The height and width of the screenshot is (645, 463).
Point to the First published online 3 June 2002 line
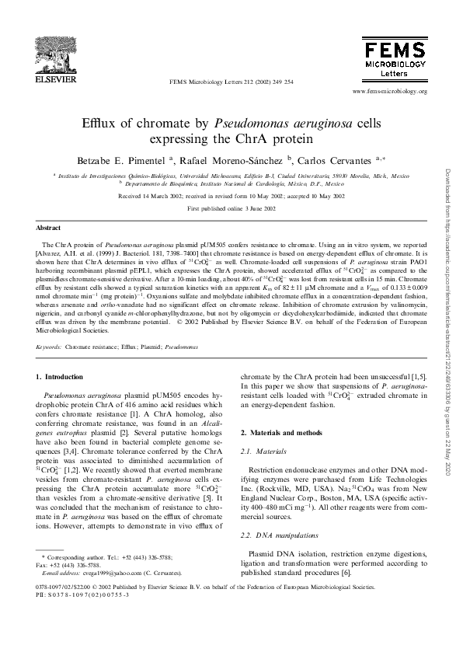(231, 210)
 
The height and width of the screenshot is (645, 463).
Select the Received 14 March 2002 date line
(231, 197)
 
